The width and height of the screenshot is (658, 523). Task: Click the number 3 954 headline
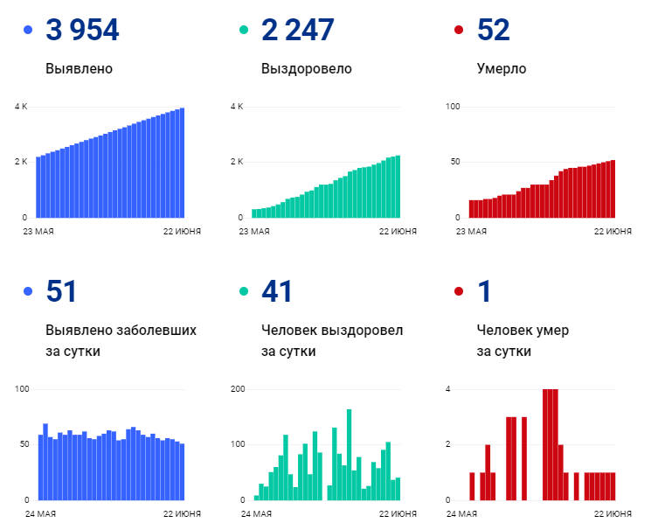(82, 31)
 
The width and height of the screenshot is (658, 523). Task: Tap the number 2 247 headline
(297, 31)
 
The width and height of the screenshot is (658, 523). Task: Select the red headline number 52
(494, 31)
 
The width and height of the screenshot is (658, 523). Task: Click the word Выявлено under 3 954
(79, 68)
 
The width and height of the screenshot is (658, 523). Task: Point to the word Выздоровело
(306, 68)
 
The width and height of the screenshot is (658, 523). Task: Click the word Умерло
(502, 68)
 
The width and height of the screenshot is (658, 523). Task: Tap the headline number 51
(61, 292)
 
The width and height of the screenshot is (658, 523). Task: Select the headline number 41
(277, 292)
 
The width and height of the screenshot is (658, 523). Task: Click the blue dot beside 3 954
(28, 31)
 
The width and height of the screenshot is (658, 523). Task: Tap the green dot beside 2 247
(244, 31)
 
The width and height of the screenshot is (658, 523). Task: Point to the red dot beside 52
(460, 31)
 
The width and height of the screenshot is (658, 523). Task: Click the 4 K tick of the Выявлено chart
(20, 107)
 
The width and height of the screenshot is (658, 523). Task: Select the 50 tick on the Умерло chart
(453, 162)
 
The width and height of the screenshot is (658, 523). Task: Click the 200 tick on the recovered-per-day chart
(236, 389)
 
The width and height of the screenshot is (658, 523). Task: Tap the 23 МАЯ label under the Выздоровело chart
(254, 231)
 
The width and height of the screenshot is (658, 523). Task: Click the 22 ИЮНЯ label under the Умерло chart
(613, 231)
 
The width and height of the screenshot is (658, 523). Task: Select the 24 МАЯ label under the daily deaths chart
(471, 513)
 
